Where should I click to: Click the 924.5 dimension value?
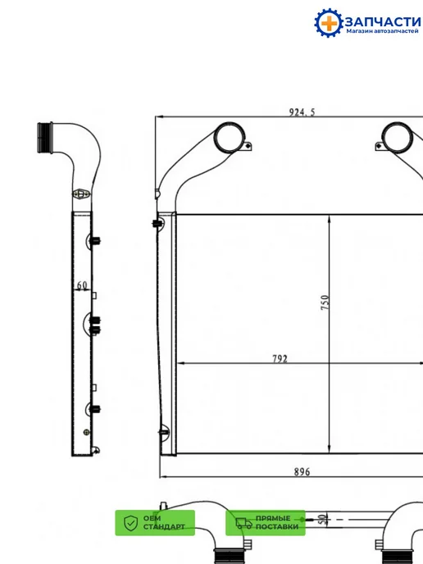point(302,112)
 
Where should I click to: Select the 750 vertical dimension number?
point(325,302)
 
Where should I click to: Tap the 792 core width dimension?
point(280,358)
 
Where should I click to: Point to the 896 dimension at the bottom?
point(302,471)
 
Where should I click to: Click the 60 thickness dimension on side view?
point(82,285)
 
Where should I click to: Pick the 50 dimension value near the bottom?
point(323,519)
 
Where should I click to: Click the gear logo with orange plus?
point(329,23)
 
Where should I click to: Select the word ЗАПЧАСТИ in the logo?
point(382,21)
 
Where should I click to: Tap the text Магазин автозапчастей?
point(382,31)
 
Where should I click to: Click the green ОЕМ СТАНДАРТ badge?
point(155,523)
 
